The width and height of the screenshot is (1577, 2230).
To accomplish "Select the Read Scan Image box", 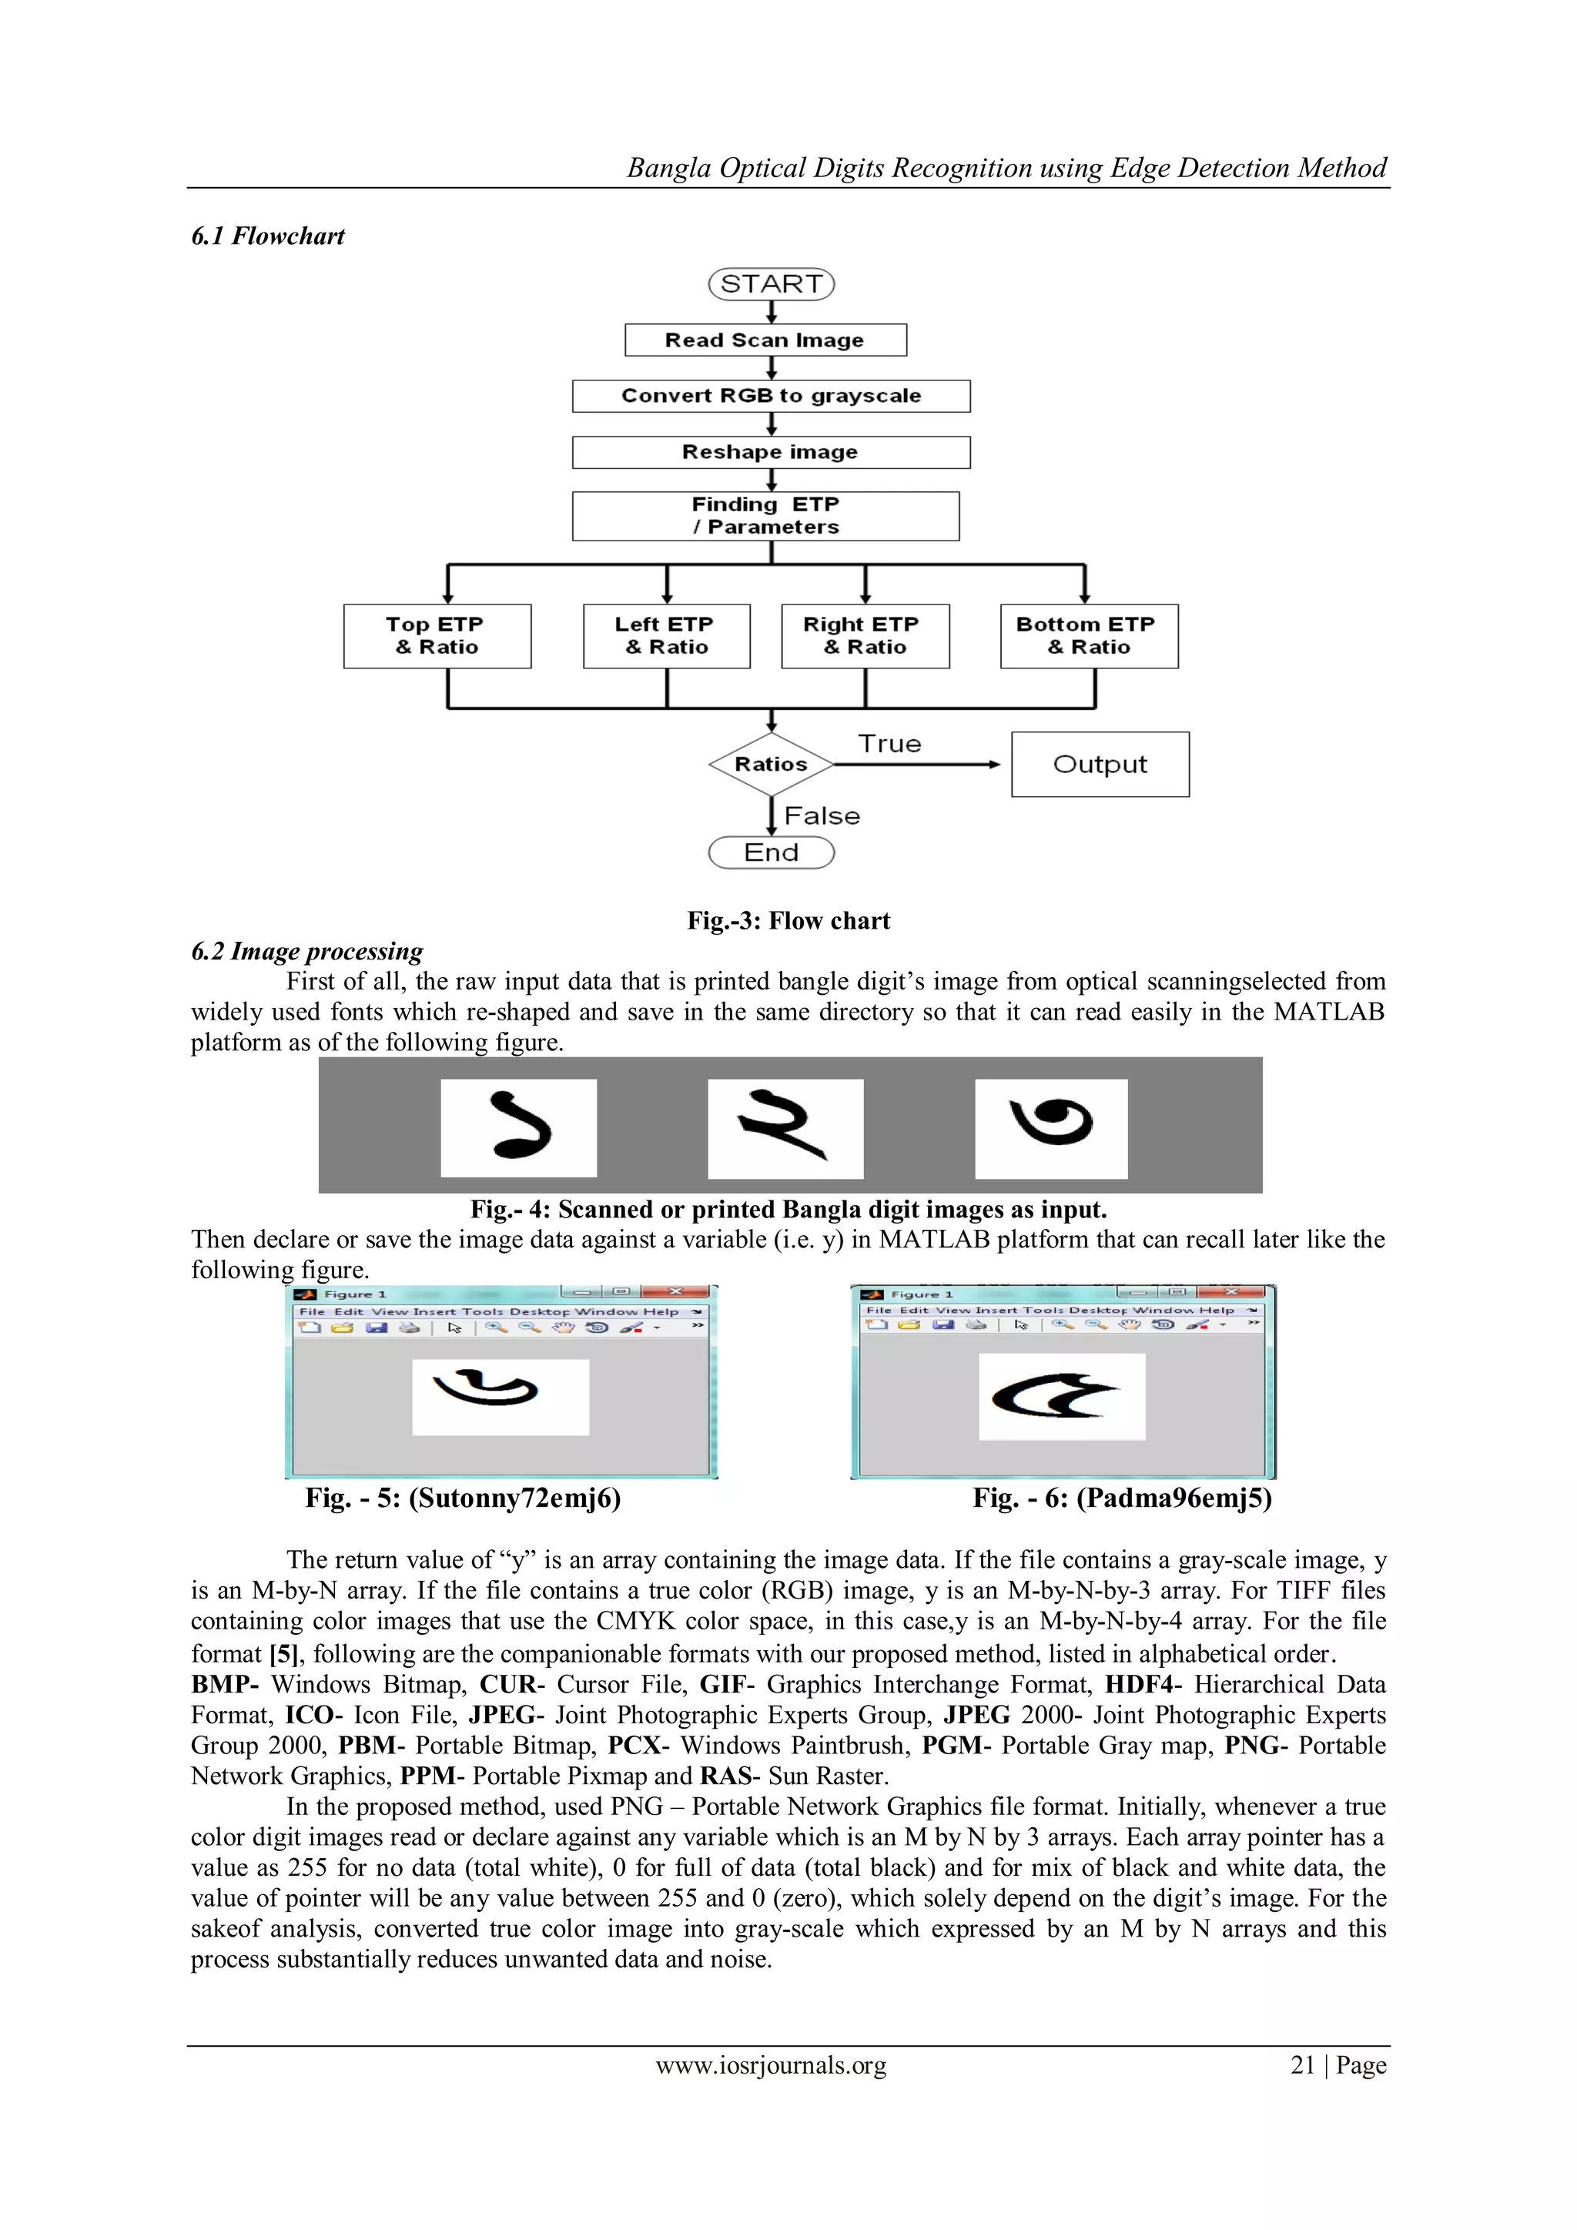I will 765,340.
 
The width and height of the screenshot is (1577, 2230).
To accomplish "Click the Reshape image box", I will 771,453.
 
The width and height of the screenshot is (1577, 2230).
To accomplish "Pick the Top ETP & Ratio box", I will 437,636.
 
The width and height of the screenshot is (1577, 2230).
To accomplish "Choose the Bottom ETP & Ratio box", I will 1089,636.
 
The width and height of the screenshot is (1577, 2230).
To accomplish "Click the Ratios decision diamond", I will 771,765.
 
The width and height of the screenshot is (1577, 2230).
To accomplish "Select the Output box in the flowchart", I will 1100,765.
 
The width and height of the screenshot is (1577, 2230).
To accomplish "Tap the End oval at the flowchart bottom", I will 771,852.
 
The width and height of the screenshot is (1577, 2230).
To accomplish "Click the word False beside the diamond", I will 822,816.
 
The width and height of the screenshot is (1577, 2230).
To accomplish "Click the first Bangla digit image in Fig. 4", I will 518,1127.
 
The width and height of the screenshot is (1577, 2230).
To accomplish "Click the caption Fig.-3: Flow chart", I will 788,921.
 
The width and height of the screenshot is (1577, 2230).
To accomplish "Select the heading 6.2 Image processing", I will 307,952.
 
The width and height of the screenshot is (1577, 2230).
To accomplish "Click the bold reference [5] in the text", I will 283,1654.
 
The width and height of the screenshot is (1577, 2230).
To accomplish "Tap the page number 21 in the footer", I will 1302,2065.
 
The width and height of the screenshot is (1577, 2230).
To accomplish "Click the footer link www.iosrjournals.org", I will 771,2065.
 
